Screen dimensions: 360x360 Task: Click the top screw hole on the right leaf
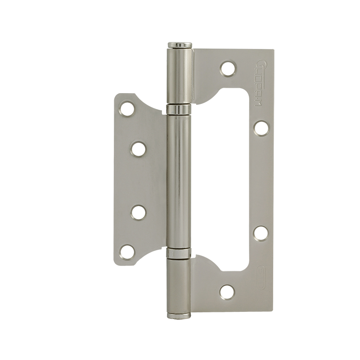pyautogui.click(x=228, y=68)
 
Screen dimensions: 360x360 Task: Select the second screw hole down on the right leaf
pyautogui.click(x=261, y=127)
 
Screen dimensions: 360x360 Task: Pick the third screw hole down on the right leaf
pyautogui.click(x=261, y=233)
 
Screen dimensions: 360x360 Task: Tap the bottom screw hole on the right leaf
pyautogui.click(x=228, y=292)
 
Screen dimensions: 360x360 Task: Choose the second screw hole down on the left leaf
pyautogui.click(x=139, y=148)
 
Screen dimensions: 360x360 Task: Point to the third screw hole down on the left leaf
pyautogui.click(x=139, y=212)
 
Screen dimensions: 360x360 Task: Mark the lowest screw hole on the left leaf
pyautogui.click(x=128, y=252)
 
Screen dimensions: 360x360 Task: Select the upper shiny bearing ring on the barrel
pyautogui.click(x=180, y=109)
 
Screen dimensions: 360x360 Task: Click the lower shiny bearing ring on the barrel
pyautogui.click(x=180, y=253)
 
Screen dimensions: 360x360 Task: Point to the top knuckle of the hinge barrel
pyautogui.click(x=180, y=76)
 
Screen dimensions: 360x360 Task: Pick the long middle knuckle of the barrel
pyautogui.click(x=180, y=180)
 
